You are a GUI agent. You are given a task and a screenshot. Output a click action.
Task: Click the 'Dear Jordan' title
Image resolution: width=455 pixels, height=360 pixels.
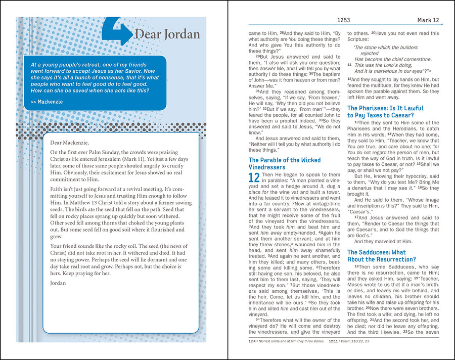tap(167, 34)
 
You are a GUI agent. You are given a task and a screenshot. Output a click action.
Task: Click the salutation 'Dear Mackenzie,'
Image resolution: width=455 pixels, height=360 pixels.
tap(69, 143)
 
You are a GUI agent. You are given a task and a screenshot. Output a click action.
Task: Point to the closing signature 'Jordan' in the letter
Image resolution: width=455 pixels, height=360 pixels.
tap(58, 283)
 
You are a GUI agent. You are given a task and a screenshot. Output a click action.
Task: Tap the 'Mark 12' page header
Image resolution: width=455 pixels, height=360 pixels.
tap(428, 20)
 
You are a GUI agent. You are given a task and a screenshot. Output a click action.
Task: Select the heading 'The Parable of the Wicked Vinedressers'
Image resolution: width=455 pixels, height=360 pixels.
tap(284, 164)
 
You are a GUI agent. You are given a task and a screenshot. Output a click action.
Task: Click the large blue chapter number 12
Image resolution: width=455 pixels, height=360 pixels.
tap(254, 178)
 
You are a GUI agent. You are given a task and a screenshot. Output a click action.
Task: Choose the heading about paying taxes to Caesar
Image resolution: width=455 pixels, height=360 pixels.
tap(385, 112)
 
